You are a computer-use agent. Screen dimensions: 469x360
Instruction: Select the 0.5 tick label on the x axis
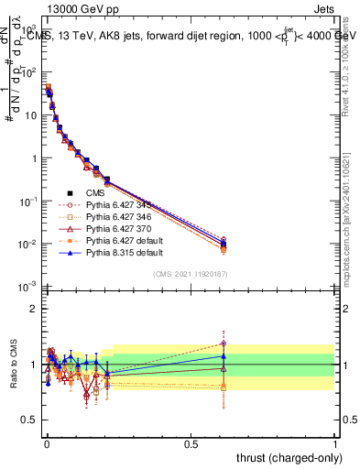191,442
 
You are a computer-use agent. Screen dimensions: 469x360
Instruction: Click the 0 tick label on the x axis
46,442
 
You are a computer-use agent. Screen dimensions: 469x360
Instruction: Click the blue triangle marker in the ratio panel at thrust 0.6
223,355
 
